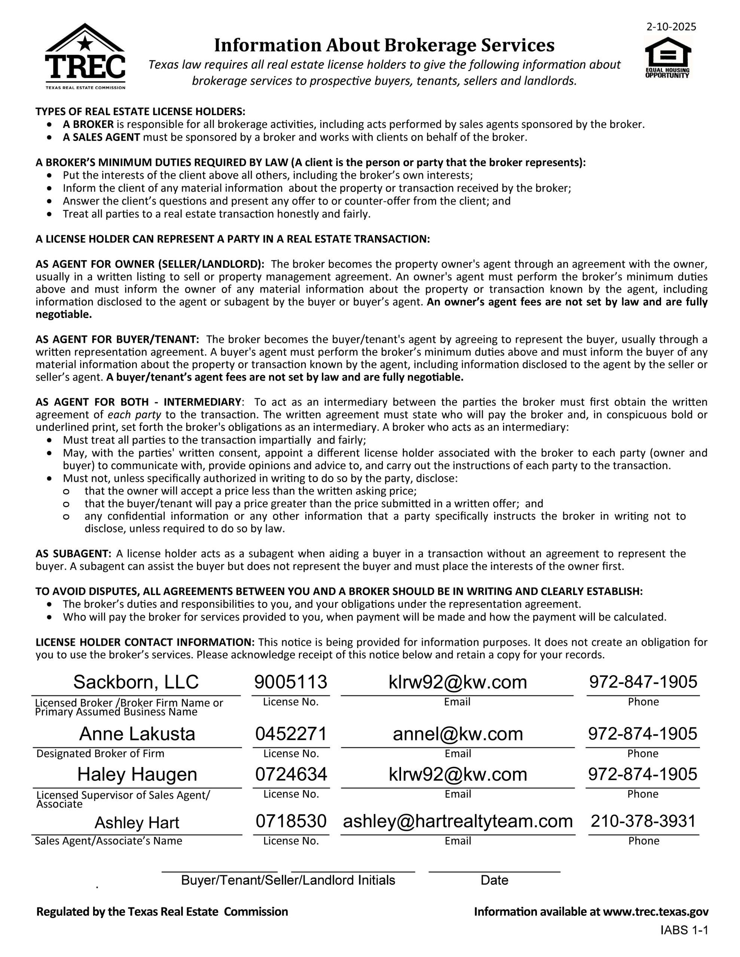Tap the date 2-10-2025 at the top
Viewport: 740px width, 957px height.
[x=671, y=27]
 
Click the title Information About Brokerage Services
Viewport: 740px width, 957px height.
[x=384, y=45]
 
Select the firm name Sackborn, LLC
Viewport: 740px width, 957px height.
[x=136, y=682]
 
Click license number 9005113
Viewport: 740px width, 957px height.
[x=291, y=682]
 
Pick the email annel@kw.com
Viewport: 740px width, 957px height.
[x=458, y=733]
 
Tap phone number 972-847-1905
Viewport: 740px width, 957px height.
[x=643, y=682]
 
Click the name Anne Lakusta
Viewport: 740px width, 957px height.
[x=137, y=733]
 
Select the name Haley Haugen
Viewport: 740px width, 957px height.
[x=137, y=774]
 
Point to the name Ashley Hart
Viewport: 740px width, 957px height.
[x=137, y=822]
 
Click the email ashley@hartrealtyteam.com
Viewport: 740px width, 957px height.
[x=458, y=821]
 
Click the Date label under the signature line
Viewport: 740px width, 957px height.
[x=494, y=880]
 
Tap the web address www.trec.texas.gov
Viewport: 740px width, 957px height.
[x=655, y=912]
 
